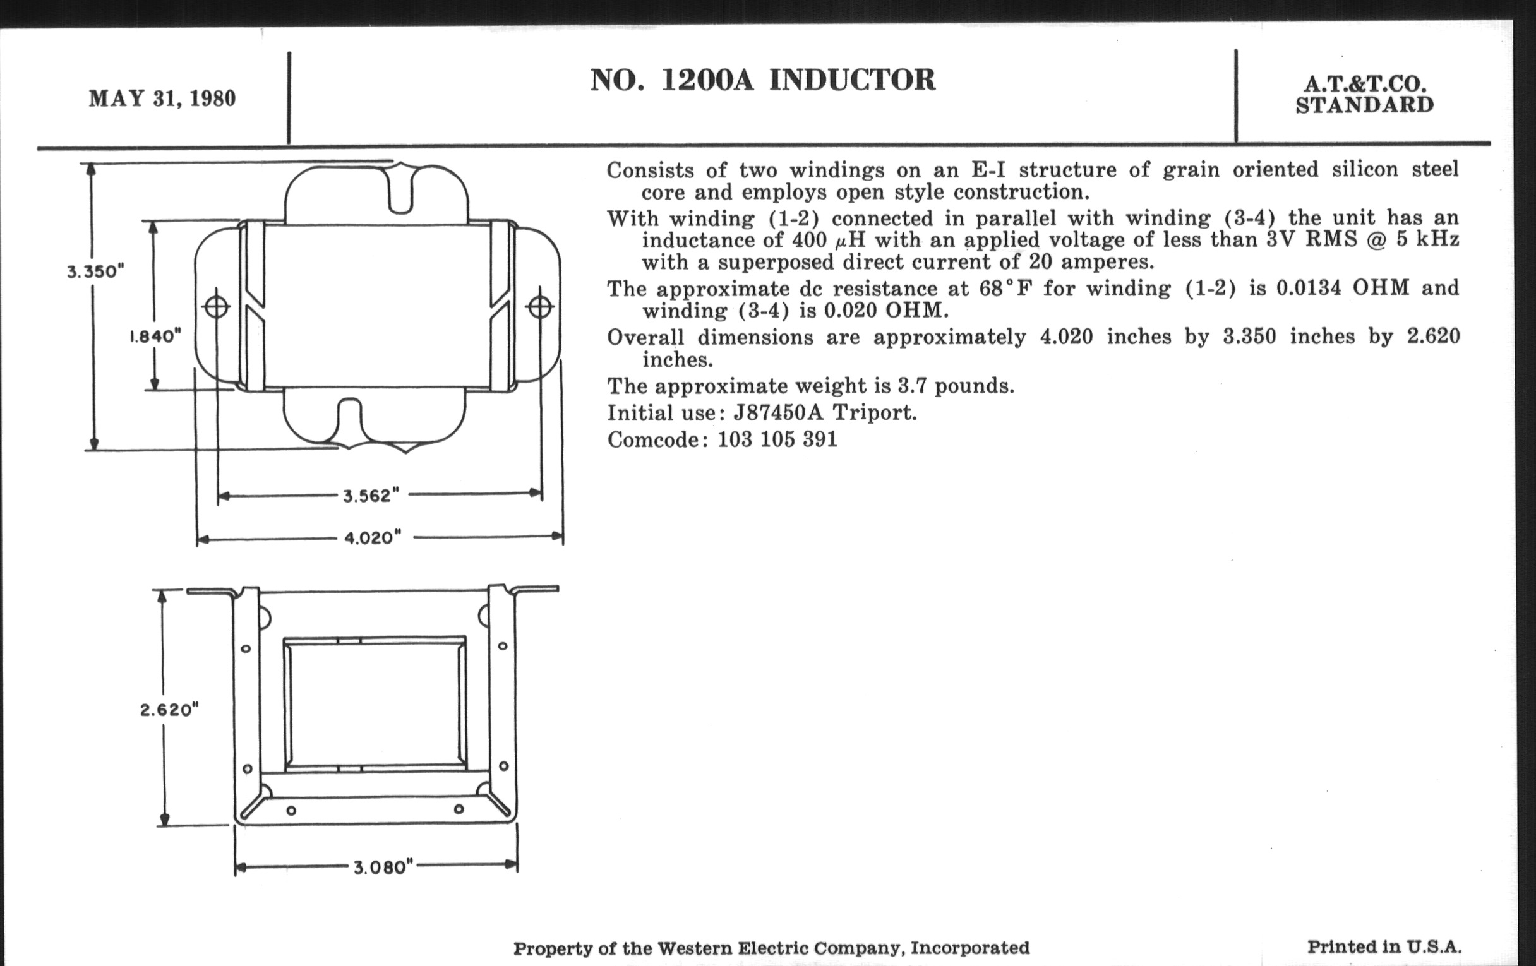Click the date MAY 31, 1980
[162, 99]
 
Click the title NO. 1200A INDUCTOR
[762, 80]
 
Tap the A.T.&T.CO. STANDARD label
[1364, 94]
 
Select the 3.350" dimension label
[95, 271]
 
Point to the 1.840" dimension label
[155, 336]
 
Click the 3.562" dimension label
[371, 496]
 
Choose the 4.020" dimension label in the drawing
[373, 537]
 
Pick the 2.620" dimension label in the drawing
[170, 710]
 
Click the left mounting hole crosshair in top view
[216, 308]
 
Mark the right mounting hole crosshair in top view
[540, 308]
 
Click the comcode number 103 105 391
[777, 439]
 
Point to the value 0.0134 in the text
[1308, 287]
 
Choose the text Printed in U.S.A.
[1384, 947]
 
